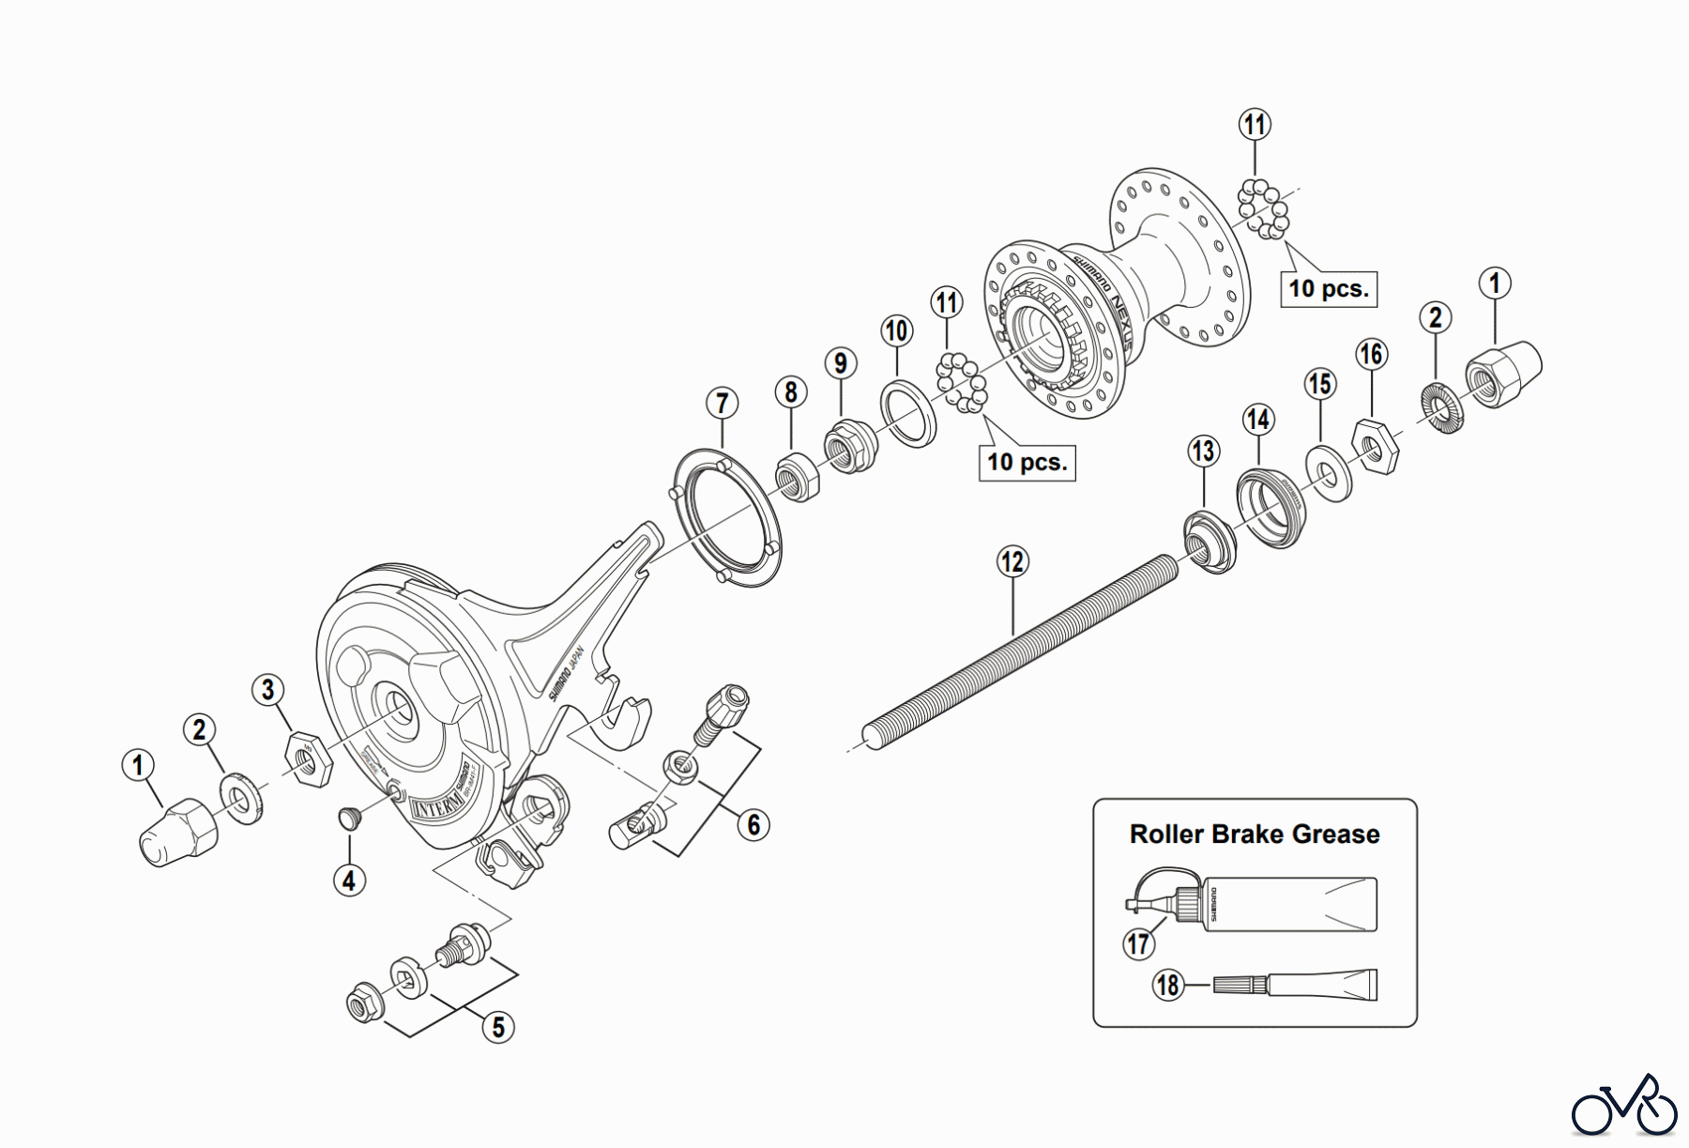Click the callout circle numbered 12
click(x=1012, y=562)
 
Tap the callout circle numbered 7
click(x=722, y=404)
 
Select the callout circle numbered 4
click(x=349, y=880)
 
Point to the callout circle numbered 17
click(x=1139, y=942)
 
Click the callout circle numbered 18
click(x=1168, y=986)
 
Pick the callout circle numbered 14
click(x=1258, y=420)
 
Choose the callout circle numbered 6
click(x=753, y=825)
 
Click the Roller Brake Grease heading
click(x=1255, y=834)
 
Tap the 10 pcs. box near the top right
click(x=1328, y=288)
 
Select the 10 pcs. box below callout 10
click(x=1027, y=462)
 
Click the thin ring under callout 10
click(x=907, y=413)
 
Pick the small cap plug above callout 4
click(x=350, y=818)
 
